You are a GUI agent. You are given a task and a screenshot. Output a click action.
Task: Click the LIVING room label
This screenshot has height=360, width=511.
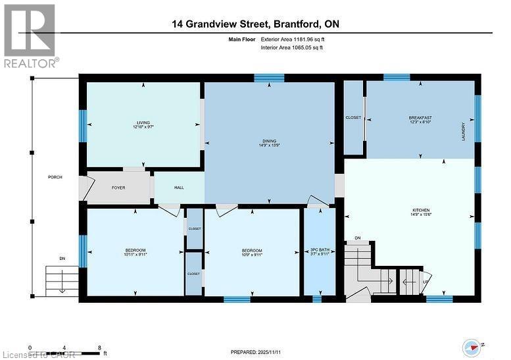(x=143, y=122)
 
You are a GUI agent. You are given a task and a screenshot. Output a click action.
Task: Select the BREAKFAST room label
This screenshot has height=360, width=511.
(x=420, y=118)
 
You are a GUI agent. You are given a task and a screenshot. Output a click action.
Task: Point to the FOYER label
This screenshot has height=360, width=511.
(x=118, y=188)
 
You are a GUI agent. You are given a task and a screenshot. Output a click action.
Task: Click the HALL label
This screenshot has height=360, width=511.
(x=179, y=188)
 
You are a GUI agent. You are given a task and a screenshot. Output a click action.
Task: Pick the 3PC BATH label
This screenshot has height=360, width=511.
(x=319, y=250)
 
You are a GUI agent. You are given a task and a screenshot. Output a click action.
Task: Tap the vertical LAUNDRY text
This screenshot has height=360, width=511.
(x=464, y=131)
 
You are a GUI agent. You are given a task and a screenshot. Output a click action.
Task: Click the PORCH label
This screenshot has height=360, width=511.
(x=55, y=178)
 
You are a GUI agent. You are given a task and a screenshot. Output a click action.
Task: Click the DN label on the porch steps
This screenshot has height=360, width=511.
(x=62, y=258)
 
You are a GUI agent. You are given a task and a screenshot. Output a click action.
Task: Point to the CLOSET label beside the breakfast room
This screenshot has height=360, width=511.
(x=353, y=118)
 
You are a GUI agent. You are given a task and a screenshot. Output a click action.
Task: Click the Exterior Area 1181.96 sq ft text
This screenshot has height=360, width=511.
(x=299, y=40)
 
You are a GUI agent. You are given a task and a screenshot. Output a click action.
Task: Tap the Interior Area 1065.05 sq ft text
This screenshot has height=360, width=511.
(x=299, y=48)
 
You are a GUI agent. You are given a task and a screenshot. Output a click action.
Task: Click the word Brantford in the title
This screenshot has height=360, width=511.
(x=295, y=24)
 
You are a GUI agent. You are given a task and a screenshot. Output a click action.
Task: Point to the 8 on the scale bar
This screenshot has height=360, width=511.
(x=99, y=347)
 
